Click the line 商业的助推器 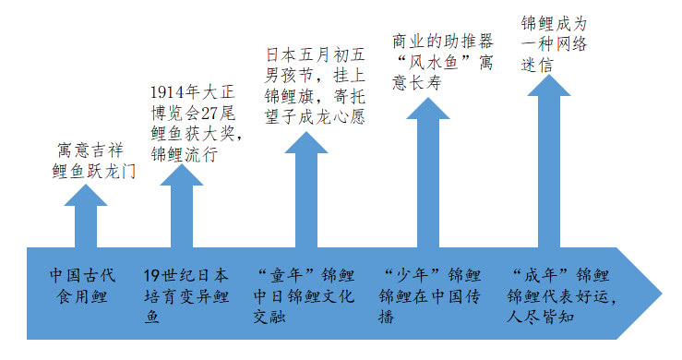tap(442, 42)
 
